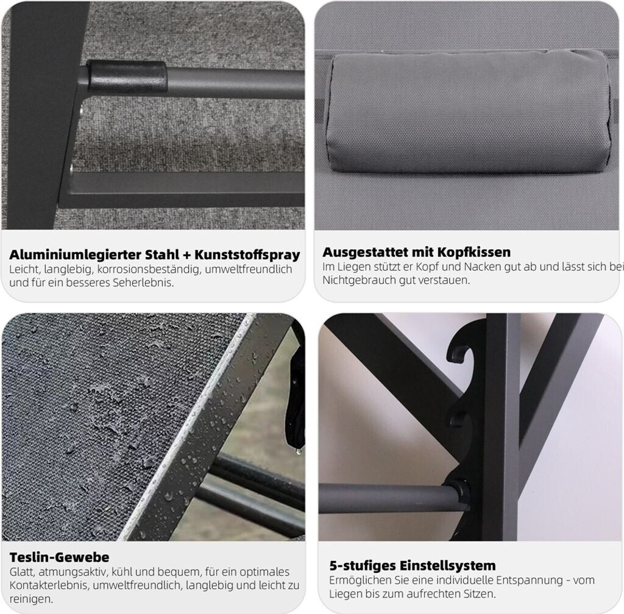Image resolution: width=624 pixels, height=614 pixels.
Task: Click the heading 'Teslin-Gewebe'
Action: (x=59, y=557)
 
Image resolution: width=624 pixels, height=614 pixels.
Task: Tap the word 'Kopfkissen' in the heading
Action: (x=473, y=252)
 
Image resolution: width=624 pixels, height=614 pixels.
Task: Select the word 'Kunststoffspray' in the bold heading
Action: (x=247, y=255)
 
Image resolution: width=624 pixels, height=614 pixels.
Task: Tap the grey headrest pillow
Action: (x=467, y=111)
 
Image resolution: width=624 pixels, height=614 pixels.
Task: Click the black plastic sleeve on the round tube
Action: (x=127, y=76)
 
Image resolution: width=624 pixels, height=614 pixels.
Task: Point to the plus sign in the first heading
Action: (x=186, y=255)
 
